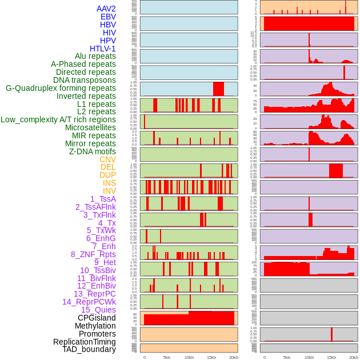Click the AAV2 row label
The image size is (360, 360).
pyautogui.click(x=106, y=9)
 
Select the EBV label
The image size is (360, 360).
pyautogui.click(x=108, y=17)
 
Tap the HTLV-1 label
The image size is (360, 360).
pyautogui.click(x=102, y=49)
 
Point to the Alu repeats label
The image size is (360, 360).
pyautogui.click(x=95, y=56)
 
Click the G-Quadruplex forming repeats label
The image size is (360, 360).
pyautogui.click(x=61, y=88)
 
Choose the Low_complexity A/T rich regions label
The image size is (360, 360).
pyautogui.click(x=58, y=119)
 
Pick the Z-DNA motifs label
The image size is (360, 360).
pyautogui.click(x=92, y=151)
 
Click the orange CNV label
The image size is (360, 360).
pyautogui.click(x=107, y=159)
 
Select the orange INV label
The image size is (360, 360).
pyautogui.click(x=109, y=191)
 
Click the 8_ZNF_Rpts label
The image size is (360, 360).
pyautogui.click(x=93, y=254)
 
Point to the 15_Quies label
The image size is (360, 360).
pyautogui.click(x=98, y=310)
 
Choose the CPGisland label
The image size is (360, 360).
pyautogui.click(x=97, y=318)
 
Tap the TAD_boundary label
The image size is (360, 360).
pyautogui.click(x=89, y=349)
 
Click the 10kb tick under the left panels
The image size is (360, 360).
pyautogui.click(x=189, y=357)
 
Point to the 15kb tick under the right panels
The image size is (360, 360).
pyautogui.click(x=331, y=357)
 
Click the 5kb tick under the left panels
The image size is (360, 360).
pyautogui.click(x=167, y=357)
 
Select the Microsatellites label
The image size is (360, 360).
pyautogui.click(x=90, y=127)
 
